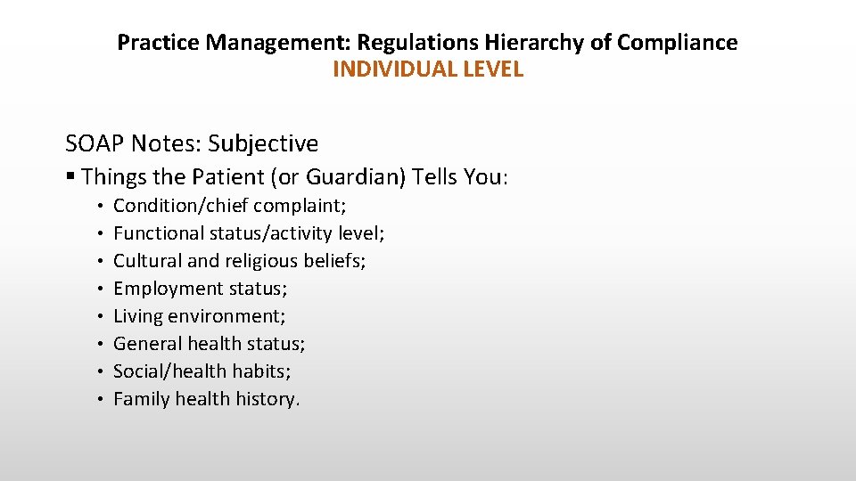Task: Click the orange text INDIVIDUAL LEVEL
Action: click(x=428, y=69)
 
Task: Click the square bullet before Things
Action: click(x=70, y=177)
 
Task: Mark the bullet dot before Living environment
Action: click(x=103, y=316)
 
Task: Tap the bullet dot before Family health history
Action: click(x=103, y=399)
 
